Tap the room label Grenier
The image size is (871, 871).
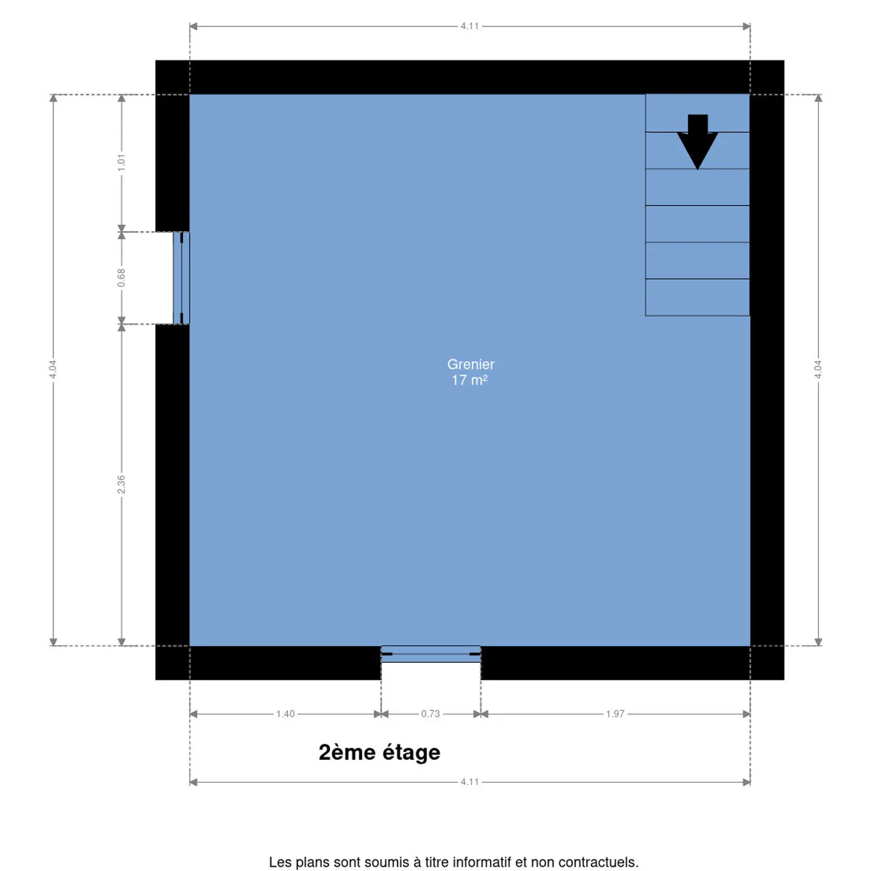point(471,364)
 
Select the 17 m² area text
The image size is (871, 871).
point(469,380)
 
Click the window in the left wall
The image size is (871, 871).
point(181,278)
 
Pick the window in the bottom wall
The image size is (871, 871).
point(431,654)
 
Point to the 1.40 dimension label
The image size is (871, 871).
point(285,714)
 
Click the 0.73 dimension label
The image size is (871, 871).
point(430,714)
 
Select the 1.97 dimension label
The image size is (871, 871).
point(615,714)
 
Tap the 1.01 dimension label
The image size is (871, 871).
point(121,163)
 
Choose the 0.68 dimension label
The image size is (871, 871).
point(121,278)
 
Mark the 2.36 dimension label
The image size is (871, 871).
point(121,484)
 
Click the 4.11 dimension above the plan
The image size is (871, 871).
point(469,26)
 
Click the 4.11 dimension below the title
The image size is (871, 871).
point(469,782)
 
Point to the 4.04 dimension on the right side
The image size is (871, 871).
point(818,370)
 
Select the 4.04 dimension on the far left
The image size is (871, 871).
point(53,370)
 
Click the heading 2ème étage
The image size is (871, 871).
point(379,752)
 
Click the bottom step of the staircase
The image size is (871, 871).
point(697,298)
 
